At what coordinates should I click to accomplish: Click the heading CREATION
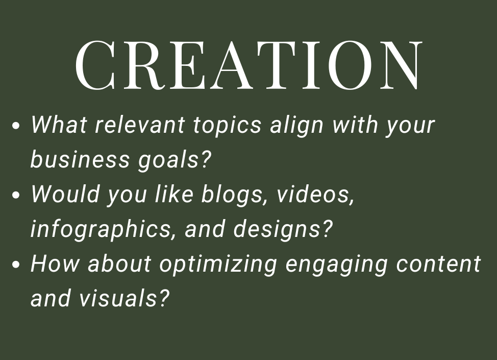(x=248, y=65)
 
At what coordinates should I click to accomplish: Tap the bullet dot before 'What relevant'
(x=17, y=126)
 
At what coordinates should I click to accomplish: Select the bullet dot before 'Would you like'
(x=17, y=196)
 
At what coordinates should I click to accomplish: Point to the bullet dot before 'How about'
(x=17, y=265)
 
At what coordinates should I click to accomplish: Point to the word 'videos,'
(x=315, y=195)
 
